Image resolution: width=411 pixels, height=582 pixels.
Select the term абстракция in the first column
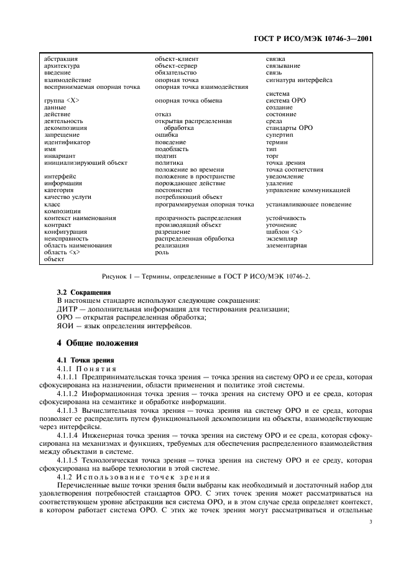click(x=61, y=59)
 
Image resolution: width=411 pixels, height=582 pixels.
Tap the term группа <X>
click(x=62, y=101)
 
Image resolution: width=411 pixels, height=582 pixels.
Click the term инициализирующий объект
click(x=86, y=163)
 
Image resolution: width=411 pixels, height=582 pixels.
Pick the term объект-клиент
click(x=177, y=59)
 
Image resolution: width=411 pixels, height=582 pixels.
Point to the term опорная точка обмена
click(x=188, y=101)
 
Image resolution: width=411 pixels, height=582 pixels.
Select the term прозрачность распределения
click(x=198, y=218)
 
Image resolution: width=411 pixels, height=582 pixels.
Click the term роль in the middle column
click(x=162, y=252)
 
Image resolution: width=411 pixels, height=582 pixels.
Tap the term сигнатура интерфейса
click(x=299, y=80)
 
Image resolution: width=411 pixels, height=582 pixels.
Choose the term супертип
click(x=280, y=135)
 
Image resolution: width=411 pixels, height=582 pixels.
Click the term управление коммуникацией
click(x=308, y=190)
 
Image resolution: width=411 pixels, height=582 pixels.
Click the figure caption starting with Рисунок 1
click(x=205, y=276)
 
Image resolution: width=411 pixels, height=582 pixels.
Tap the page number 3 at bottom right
click(x=370, y=496)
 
